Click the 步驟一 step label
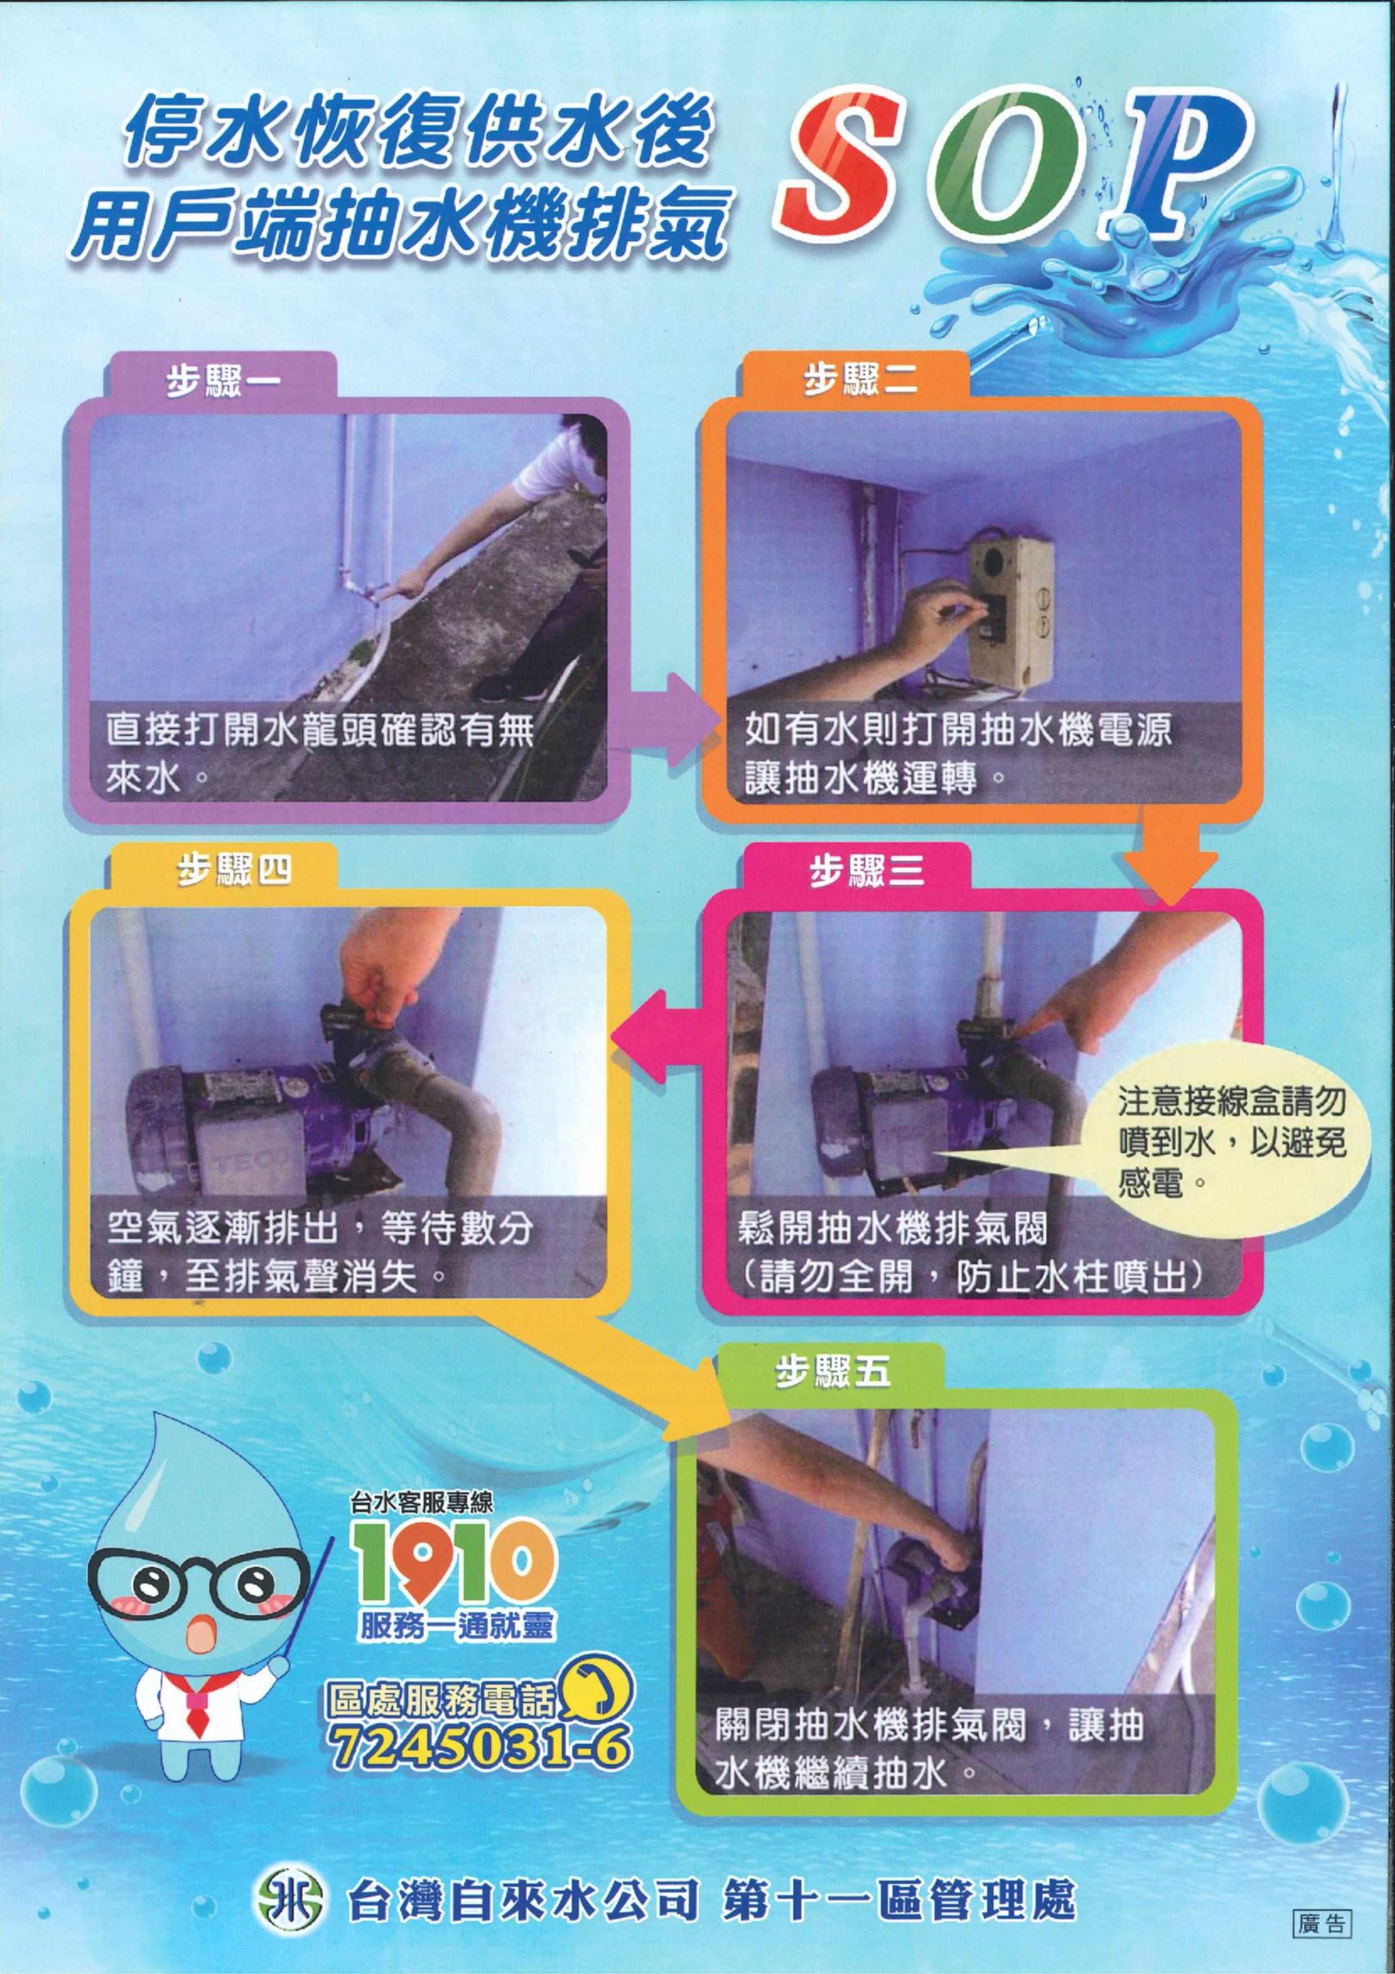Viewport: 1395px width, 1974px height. pyautogui.click(x=223, y=379)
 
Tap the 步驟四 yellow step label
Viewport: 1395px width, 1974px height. pyautogui.click(x=234, y=872)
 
